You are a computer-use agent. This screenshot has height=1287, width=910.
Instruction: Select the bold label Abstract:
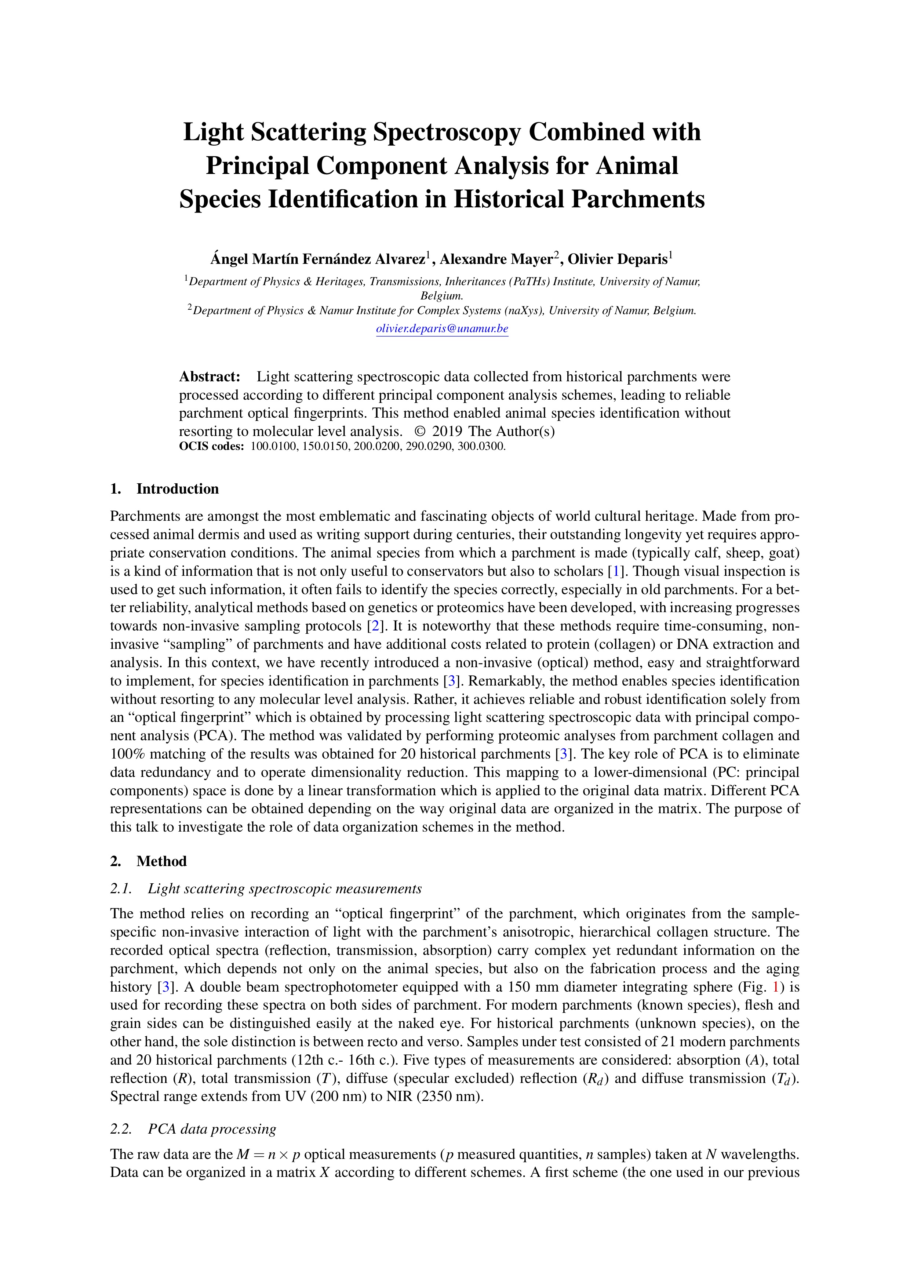[210, 377]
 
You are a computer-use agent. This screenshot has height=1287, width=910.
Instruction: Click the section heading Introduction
[177, 489]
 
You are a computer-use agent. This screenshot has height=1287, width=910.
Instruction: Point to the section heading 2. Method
[149, 861]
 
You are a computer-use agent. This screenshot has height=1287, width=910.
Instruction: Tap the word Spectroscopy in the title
[447, 132]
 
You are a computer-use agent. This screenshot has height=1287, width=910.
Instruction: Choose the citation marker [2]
[375, 626]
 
